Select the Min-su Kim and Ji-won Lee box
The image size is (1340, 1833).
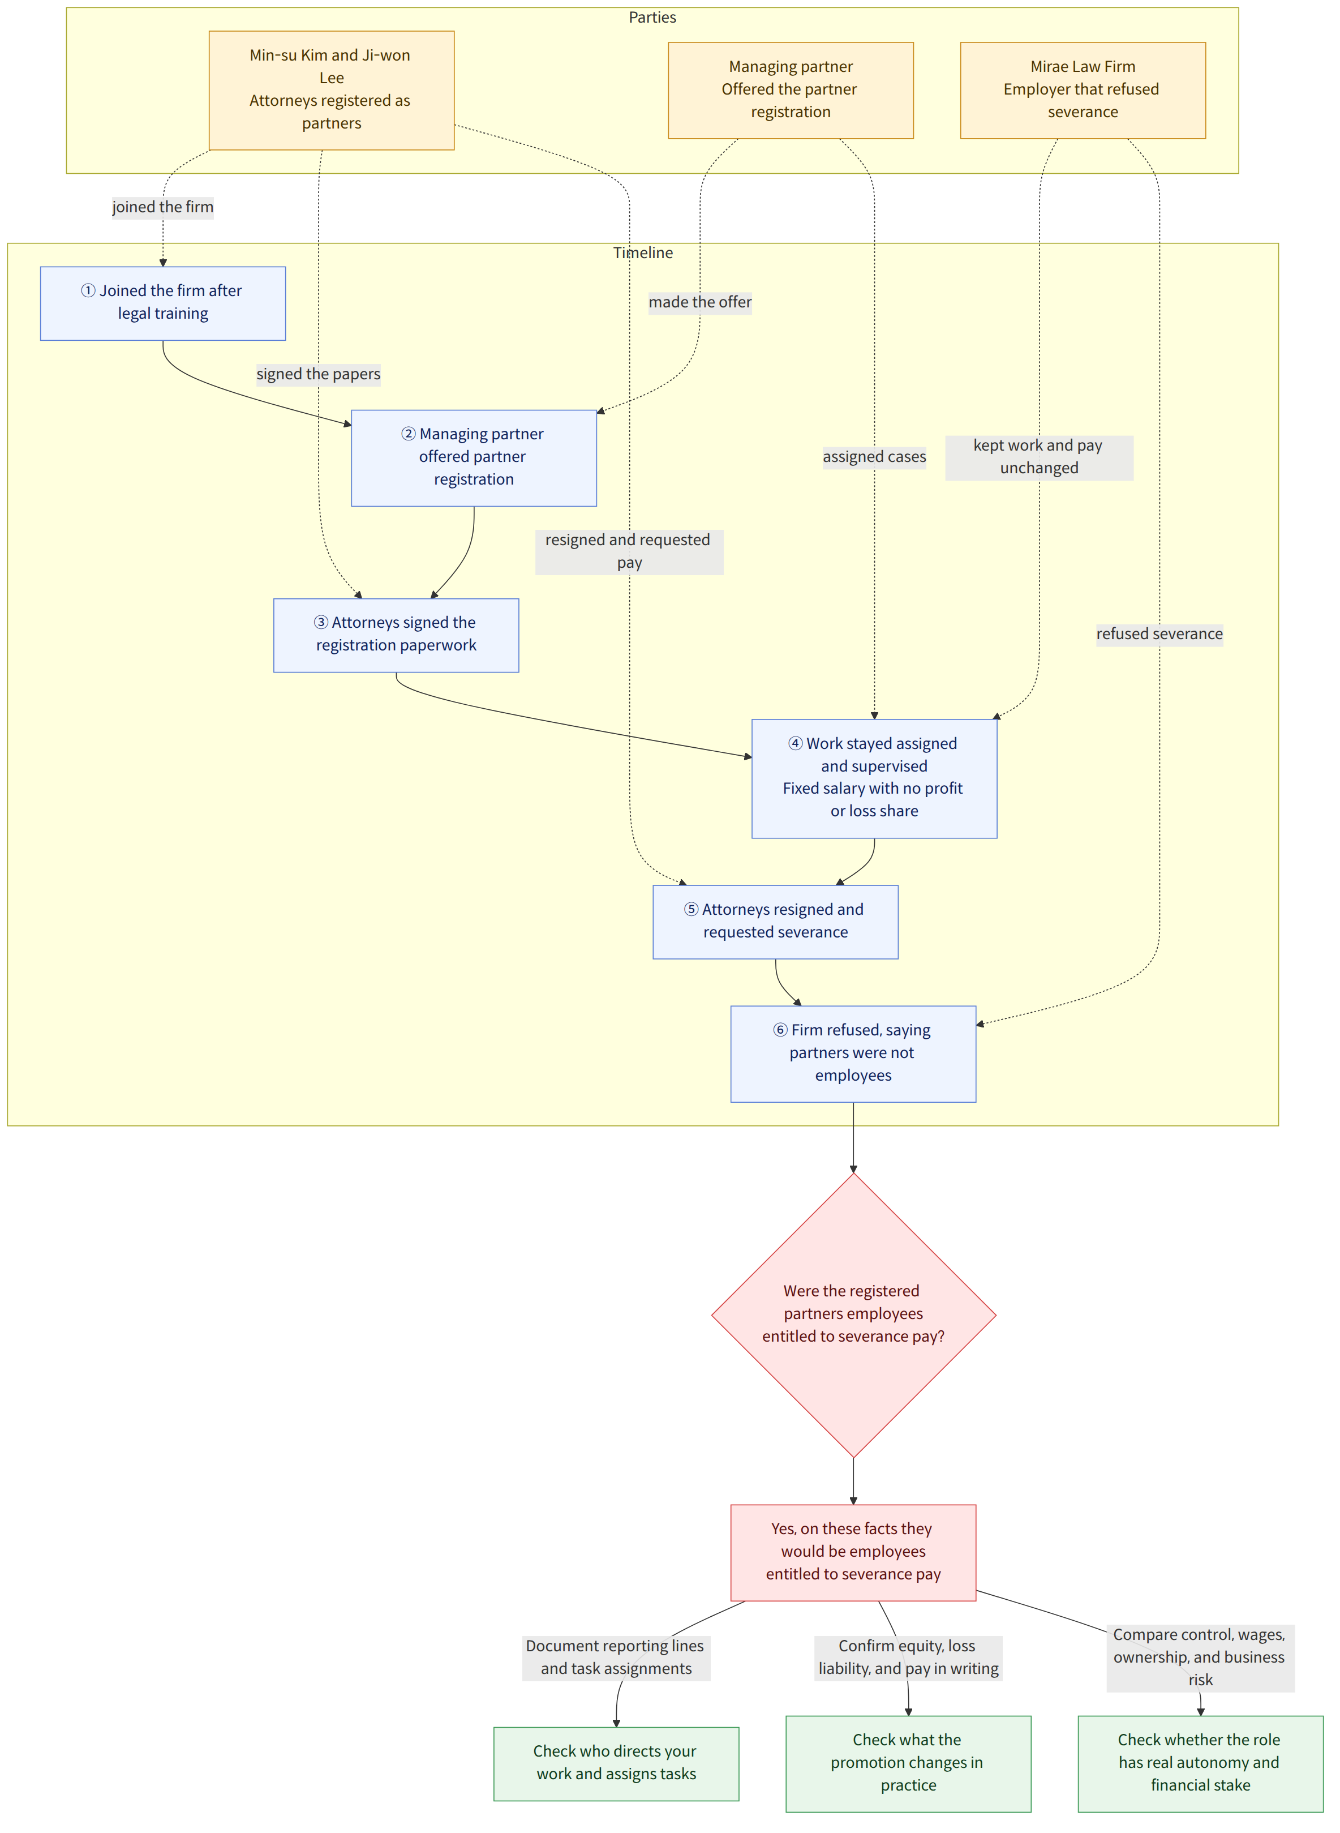pos(331,90)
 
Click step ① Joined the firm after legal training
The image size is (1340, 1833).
pos(162,303)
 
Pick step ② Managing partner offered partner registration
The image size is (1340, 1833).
pos(474,457)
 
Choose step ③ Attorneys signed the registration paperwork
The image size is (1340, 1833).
pos(396,635)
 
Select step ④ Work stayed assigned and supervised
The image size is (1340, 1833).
pos(874,778)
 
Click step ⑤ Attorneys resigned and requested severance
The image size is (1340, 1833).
pos(775,922)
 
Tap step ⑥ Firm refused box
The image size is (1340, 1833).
pos(853,1053)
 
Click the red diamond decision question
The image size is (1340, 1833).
pos(853,1314)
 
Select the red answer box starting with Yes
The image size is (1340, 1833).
pos(853,1552)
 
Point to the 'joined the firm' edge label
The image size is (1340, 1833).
pos(162,207)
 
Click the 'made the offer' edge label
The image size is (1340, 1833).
pos(699,302)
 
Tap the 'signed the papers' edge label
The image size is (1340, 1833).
pos(318,374)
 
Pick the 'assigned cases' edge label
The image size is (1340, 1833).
pos(874,457)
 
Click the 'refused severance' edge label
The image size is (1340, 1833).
pos(1159,633)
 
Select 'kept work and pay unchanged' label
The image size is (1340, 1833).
pos(1038,457)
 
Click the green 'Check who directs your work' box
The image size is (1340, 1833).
pos(616,1762)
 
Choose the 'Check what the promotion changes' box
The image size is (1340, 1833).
pos(908,1762)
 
